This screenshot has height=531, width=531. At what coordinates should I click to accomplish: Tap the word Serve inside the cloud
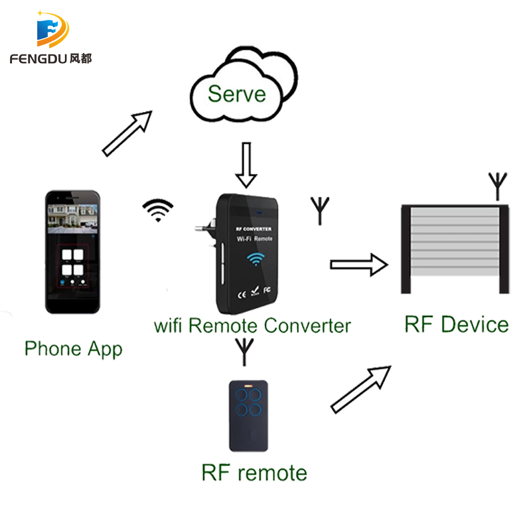click(x=236, y=93)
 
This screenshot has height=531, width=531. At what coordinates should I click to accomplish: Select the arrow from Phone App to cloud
click(x=127, y=133)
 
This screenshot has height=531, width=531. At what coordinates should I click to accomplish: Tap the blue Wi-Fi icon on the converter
click(x=254, y=259)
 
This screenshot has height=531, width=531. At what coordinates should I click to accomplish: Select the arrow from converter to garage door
click(x=358, y=265)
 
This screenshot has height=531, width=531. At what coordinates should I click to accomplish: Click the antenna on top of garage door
click(x=496, y=186)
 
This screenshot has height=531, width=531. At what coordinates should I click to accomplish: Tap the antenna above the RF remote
click(x=245, y=352)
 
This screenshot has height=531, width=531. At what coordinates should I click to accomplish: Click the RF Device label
click(x=457, y=325)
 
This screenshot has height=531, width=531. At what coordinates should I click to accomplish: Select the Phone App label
click(x=73, y=348)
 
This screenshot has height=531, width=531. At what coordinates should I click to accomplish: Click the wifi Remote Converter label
click(x=252, y=326)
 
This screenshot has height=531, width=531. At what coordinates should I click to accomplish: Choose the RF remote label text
click(x=254, y=473)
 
